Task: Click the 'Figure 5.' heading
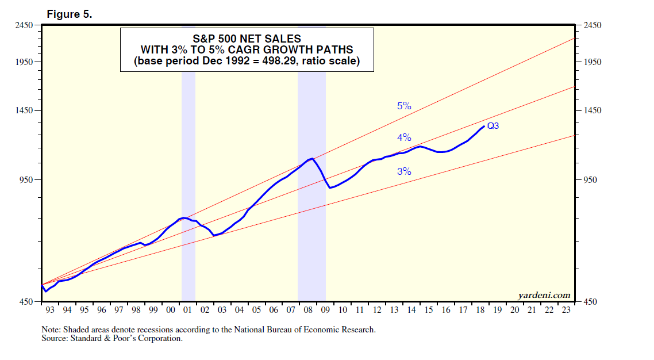(x=69, y=15)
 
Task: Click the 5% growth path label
(x=404, y=106)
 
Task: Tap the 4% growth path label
(x=404, y=137)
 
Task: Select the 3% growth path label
(x=404, y=171)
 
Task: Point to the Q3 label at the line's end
(x=493, y=126)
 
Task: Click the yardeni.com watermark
(x=544, y=295)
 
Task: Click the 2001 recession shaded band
(x=188, y=173)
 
